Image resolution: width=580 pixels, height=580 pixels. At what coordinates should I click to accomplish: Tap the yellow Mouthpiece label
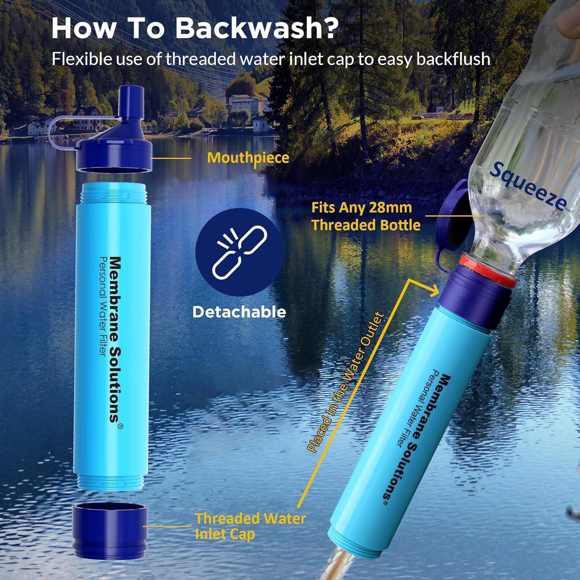[x=248, y=158]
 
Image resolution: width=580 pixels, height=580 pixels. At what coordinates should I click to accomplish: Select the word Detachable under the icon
[x=239, y=312]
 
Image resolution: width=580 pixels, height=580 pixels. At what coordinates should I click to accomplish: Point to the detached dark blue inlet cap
[x=111, y=525]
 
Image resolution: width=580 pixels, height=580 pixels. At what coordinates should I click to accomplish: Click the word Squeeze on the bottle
[x=527, y=186]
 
